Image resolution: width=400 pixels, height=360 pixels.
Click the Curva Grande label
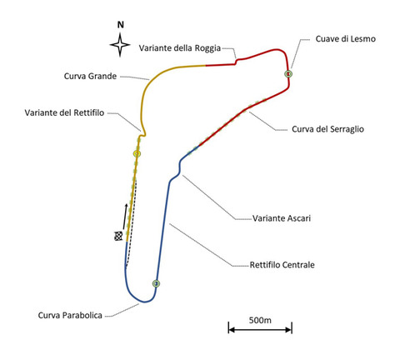tap(90, 76)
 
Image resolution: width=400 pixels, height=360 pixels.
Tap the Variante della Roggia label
tap(180, 48)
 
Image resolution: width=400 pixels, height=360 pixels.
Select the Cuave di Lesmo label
tap(346, 38)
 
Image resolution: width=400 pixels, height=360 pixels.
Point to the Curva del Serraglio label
tap(327, 129)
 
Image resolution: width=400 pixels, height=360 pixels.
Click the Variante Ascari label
tap(282, 218)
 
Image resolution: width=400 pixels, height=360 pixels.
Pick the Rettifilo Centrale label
tap(282, 265)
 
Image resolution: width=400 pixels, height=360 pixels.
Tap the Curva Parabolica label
tap(70, 315)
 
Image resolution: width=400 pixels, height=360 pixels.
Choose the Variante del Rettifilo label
tap(64, 112)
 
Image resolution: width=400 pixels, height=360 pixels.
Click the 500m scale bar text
tap(260, 320)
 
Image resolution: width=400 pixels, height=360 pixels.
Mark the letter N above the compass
tap(120, 25)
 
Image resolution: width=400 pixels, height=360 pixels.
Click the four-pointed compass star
tap(120, 45)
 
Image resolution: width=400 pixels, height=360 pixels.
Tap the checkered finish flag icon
tap(118, 236)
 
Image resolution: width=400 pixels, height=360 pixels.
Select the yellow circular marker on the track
tap(137, 153)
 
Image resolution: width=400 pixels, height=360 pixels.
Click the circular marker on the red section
tap(288, 74)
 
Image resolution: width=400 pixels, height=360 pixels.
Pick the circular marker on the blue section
tap(156, 283)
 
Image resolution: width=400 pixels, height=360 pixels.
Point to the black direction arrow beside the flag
tap(125, 217)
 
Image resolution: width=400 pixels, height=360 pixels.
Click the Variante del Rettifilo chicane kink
tap(142, 134)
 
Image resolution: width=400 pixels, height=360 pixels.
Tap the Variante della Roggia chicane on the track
tap(236, 61)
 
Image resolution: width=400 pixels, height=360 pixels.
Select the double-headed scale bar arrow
tap(260, 330)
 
